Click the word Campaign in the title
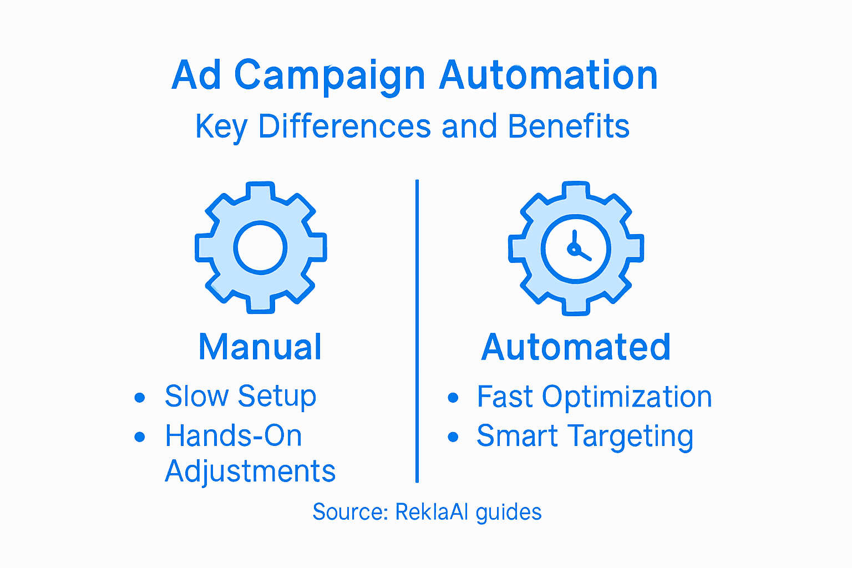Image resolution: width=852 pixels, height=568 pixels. [x=329, y=76]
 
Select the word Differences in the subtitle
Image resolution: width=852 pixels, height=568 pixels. [x=344, y=126]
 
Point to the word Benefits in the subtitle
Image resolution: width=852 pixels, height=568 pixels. [x=569, y=126]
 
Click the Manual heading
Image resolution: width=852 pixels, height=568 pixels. [x=260, y=347]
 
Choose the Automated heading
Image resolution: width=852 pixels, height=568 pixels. [x=576, y=347]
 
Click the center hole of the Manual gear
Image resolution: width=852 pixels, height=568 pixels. [x=260, y=248]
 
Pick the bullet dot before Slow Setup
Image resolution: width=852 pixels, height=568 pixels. [x=140, y=397]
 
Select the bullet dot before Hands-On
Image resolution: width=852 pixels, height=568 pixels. [x=140, y=437]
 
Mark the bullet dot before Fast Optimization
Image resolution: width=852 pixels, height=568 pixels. [x=453, y=397]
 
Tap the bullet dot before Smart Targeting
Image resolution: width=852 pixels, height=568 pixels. [x=453, y=437]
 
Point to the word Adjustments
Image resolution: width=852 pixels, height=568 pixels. [x=250, y=471]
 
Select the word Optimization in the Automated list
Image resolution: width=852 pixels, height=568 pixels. [x=627, y=397]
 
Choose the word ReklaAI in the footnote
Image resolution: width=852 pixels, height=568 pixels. [x=432, y=511]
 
